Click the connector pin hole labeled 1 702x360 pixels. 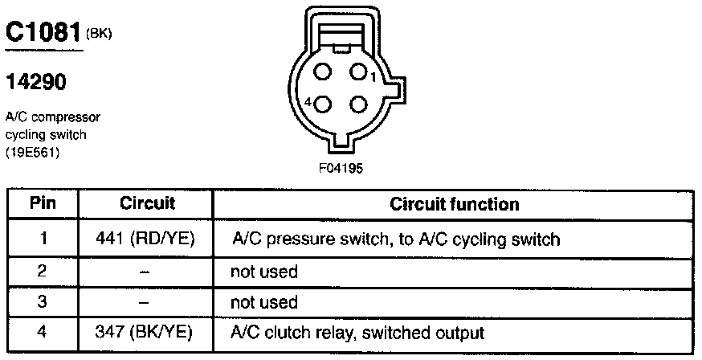[x=358, y=72]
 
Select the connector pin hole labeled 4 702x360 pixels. [x=324, y=104]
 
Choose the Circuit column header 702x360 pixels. [x=147, y=203]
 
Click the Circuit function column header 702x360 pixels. [x=454, y=204]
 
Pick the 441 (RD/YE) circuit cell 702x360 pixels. [x=147, y=239]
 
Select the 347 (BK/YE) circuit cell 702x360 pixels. [x=147, y=332]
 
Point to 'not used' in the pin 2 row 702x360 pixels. [x=264, y=272]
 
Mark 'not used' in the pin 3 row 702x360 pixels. [x=264, y=303]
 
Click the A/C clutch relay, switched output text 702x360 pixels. [x=358, y=332]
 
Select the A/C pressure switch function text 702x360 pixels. [x=395, y=239]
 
